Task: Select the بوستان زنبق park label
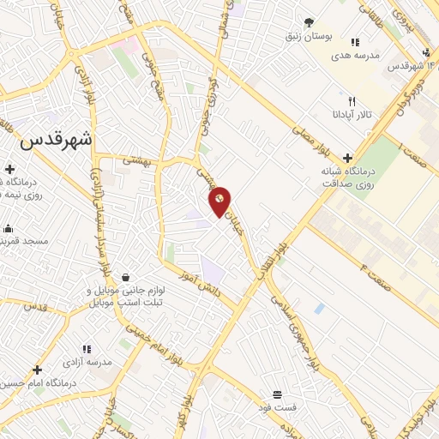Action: tap(308, 37)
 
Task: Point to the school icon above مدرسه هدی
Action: tap(354, 41)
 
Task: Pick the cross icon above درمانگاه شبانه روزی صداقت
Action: tap(347, 158)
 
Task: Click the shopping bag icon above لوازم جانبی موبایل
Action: tap(126, 278)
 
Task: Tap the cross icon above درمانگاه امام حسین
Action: tap(37, 370)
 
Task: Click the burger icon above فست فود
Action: tap(277, 394)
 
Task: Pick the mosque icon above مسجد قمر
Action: tap(9, 228)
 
